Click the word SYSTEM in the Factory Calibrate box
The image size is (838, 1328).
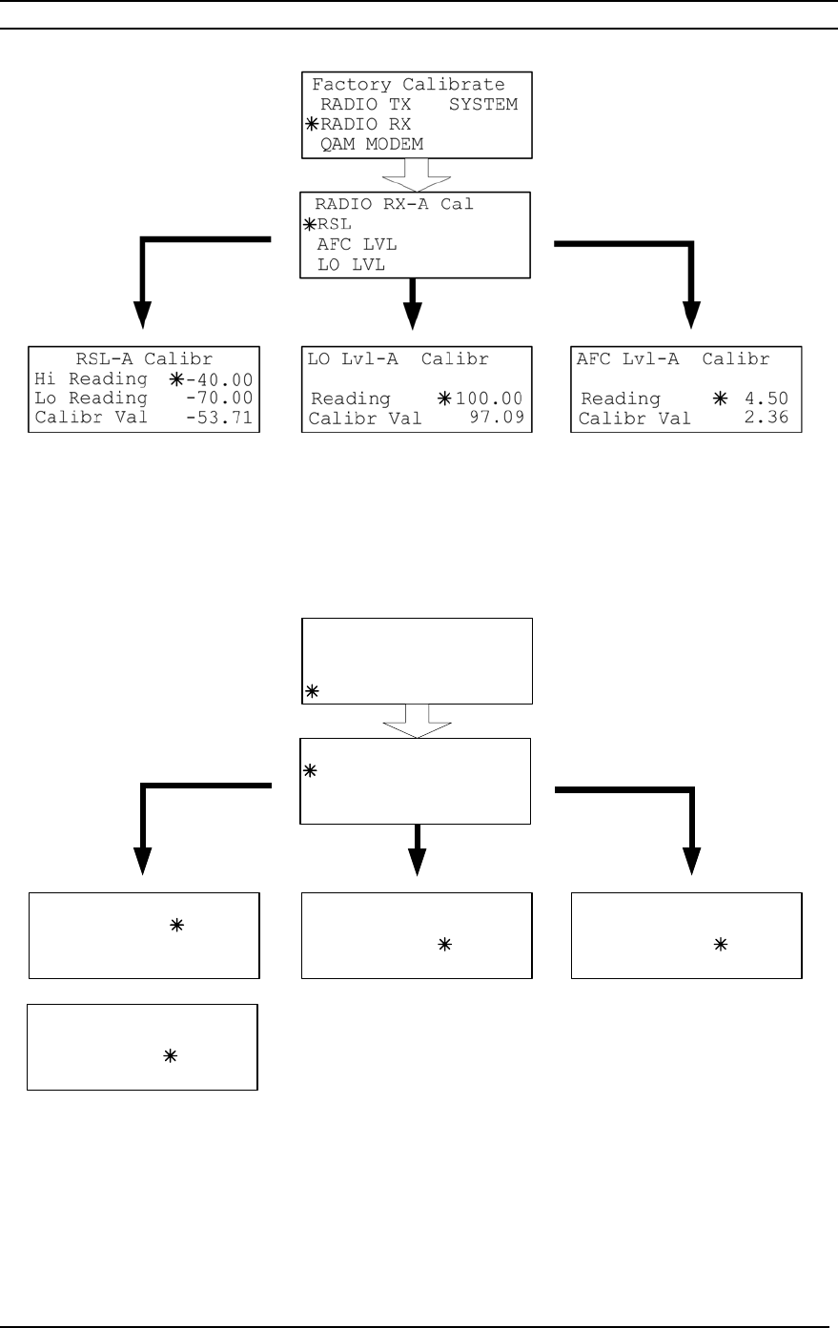tap(483, 104)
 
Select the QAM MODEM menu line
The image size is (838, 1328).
tap(372, 144)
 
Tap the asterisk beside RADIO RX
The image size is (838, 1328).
tap(312, 124)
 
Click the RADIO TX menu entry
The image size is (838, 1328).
tap(365, 104)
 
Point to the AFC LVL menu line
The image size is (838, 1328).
tap(357, 244)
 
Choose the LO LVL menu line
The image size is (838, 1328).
tap(351, 264)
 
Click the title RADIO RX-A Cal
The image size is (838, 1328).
tap(395, 204)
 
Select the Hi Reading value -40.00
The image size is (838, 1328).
tap(219, 379)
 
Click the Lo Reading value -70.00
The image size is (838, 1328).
tap(219, 398)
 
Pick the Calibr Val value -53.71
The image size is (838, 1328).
tap(219, 418)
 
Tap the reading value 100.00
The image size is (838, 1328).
tap(489, 398)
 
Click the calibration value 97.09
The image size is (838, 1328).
tap(497, 418)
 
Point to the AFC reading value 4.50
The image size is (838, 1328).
tap(766, 398)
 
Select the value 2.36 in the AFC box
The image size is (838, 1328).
tap(766, 418)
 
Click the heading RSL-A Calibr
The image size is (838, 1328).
tap(144, 358)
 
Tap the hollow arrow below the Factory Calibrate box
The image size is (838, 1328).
tap(417, 174)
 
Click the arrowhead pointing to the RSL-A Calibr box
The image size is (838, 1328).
tap(142, 315)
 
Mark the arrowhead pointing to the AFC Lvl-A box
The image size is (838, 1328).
tap(691, 315)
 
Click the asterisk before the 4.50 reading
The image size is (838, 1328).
tap(721, 398)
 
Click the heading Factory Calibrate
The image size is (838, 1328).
tap(409, 84)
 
